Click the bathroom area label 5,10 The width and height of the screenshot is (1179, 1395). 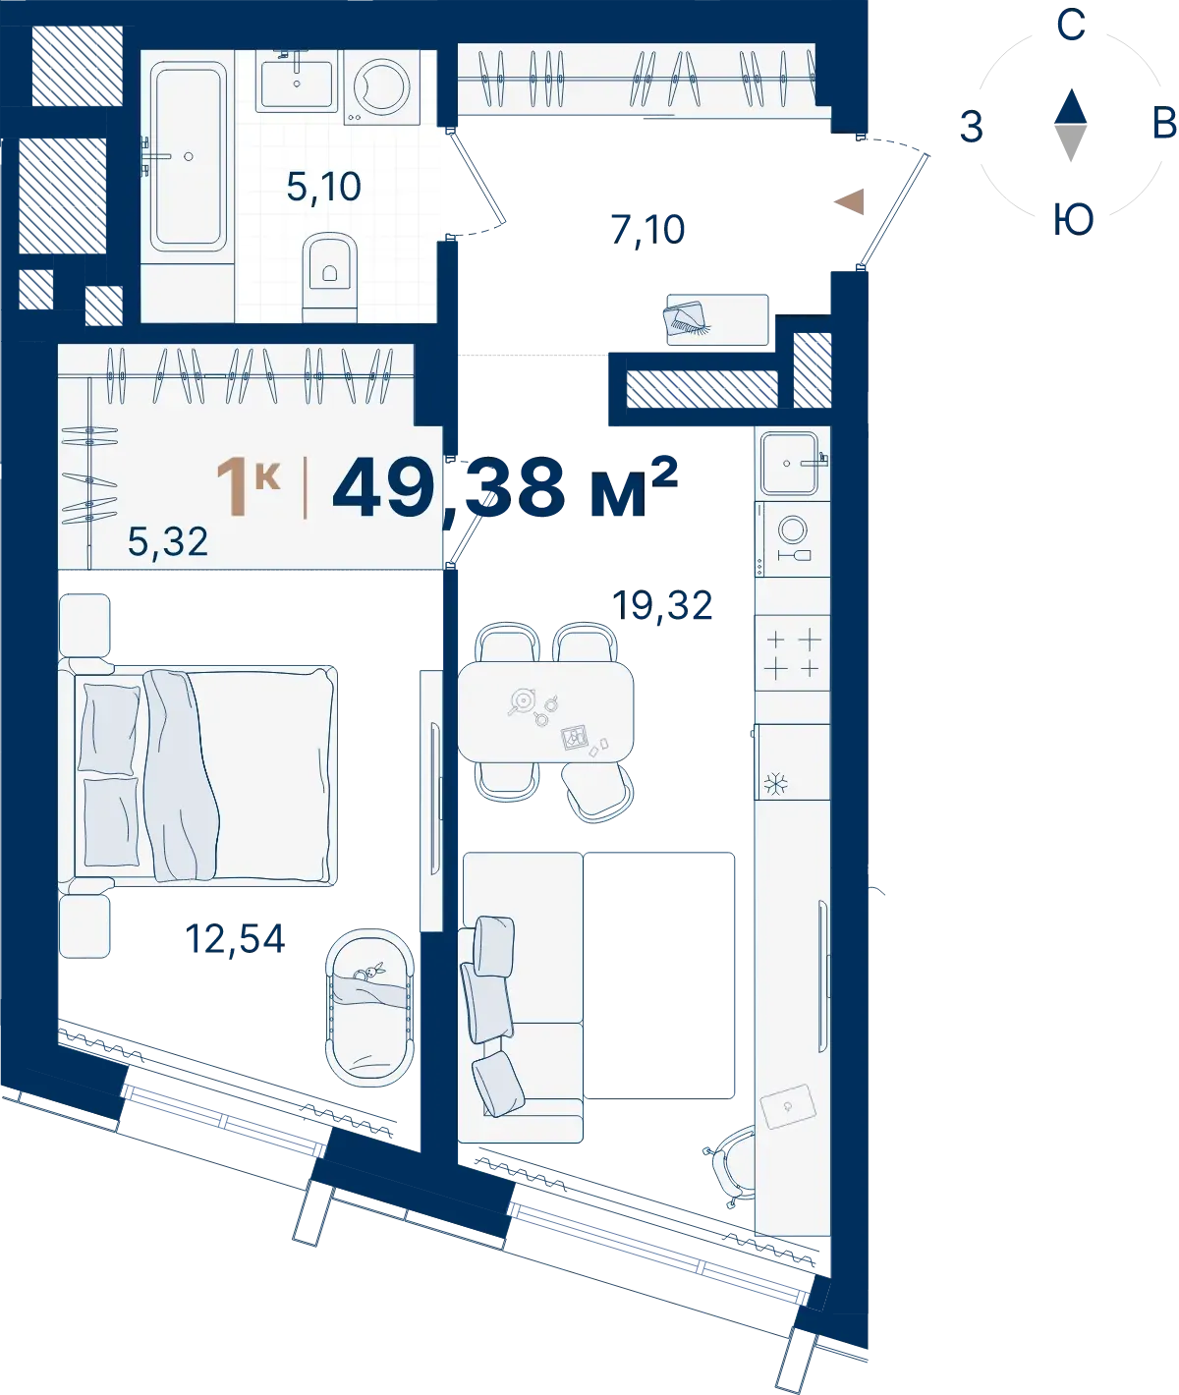(324, 187)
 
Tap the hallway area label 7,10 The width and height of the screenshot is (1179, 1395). (647, 230)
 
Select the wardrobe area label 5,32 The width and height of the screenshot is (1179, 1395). (168, 541)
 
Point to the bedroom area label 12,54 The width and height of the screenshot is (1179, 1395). (235, 939)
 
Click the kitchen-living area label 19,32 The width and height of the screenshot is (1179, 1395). (662, 605)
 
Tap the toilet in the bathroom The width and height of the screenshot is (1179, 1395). (329, 277)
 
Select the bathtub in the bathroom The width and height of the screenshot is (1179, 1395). (188, 156)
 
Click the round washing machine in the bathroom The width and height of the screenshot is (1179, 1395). (381, 87)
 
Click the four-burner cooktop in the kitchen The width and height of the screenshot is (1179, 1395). (792, 652)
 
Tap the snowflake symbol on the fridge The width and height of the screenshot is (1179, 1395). (776, 784)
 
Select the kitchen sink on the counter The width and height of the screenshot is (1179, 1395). (790, 464)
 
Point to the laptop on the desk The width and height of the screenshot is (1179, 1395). (789, 1106)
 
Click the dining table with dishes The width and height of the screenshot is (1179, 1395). (545, 711)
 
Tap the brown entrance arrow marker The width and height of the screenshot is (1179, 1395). (850, 201)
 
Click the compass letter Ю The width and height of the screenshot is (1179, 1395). (1073, 220)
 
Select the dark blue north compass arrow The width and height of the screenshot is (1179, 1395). (1071, 106)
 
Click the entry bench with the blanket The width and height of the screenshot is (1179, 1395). (717, 319)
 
